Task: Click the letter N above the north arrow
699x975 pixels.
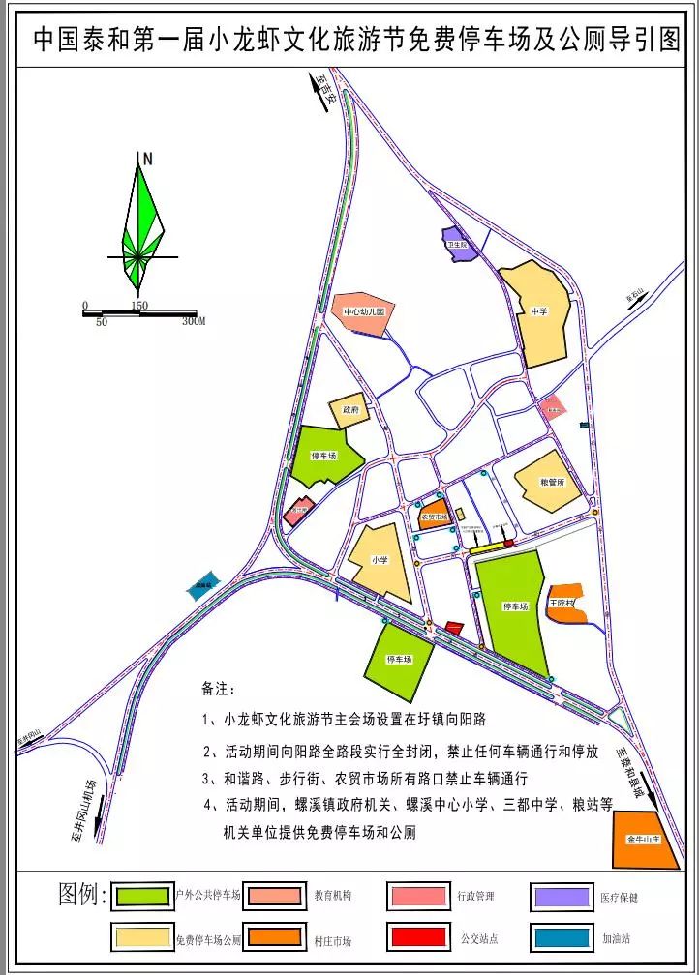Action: click(x=147, y=158)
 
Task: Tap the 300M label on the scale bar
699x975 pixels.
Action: click(x=194, y=321)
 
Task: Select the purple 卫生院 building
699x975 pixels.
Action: click(x=456, y=243)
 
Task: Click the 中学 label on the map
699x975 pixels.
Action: click(x=539, y=310)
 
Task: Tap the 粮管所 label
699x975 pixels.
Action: click(x=552, y=481)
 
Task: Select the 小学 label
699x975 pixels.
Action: click(x=380, y=560)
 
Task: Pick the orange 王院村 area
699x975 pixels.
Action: click(x=563, y=602)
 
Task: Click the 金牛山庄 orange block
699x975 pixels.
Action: click(x=642, y=840)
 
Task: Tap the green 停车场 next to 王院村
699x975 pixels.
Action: click(x=514, y=607)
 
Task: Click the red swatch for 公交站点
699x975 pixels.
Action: click(x=419, y=937)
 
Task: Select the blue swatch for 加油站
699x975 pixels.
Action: click(x=561, y=937)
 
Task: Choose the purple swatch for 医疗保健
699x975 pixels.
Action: click(x=562, y=897)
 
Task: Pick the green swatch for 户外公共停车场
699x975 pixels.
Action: click(x=143, y=896)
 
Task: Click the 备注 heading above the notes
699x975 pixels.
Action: click(x=218, y=690)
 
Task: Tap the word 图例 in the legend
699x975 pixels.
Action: click(x=82, y=895)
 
